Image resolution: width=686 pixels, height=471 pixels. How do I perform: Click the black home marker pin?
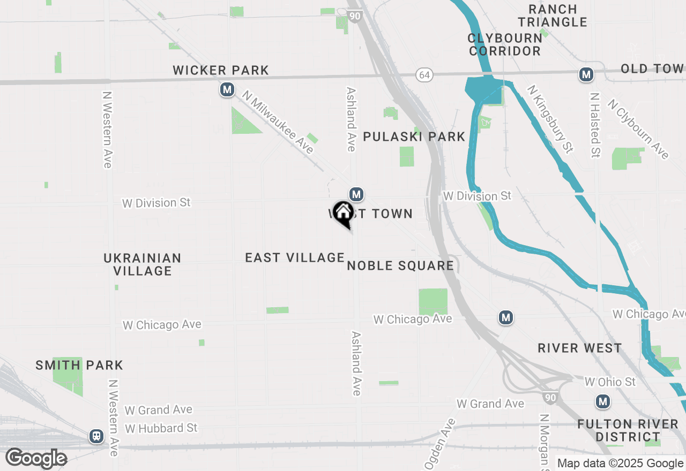point(343,214)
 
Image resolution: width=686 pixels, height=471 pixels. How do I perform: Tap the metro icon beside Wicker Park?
point(227,89)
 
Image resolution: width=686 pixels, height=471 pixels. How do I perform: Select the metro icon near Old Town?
point(586,74)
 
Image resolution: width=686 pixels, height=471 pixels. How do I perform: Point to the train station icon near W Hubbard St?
point(96,436)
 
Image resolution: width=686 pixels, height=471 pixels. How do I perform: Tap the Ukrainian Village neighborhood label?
point(143,264)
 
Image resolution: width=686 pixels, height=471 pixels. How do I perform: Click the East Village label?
point(295,258)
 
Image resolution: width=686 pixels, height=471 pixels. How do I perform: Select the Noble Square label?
point(400,266)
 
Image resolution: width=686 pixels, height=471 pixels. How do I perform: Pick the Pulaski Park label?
point(414,136)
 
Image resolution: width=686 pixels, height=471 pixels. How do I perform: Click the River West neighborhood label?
point(580,348)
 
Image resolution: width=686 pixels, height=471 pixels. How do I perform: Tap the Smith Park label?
point(79,366)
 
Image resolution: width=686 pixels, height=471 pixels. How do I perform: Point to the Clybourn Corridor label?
point(504,44)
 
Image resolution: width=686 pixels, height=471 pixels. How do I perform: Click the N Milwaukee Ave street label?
point(278,122)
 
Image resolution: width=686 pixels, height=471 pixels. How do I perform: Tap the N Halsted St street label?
point(594,125)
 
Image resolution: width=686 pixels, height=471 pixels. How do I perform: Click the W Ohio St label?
point(610,382)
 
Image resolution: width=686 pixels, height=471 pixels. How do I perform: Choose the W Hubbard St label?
point(161,428)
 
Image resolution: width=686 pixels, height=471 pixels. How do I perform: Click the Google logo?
point(36,458)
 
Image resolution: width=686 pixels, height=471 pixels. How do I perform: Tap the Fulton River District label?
point(628,431)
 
